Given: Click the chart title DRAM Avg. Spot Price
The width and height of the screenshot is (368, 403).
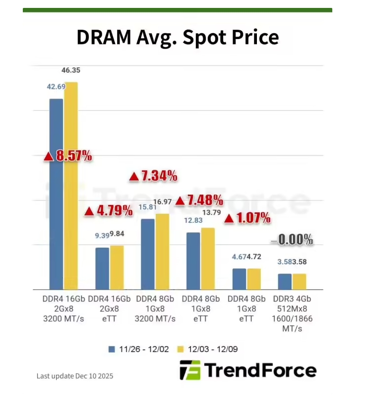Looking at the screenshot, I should (x=177, y=37).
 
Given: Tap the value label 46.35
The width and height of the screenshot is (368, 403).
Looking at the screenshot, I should (x=71, y=71).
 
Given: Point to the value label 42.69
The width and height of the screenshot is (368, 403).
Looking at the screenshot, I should (x=56, y=87).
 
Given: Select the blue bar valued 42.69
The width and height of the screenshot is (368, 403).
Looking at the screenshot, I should (x=56, y=193).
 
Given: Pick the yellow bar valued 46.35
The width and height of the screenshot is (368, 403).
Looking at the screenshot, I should (x=71, y=186).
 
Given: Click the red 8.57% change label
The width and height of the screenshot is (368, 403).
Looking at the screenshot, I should (x=68, y=156).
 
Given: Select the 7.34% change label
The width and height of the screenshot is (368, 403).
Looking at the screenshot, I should (x=153, y=175).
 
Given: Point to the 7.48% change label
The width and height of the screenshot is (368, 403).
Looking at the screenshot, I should (x=199, y=201).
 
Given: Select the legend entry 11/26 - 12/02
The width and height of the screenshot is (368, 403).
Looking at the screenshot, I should (x=139, y=349).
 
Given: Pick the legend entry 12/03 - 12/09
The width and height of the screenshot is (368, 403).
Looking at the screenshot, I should (x=208, y=349).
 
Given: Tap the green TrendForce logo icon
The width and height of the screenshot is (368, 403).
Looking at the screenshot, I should (x=190, y=370).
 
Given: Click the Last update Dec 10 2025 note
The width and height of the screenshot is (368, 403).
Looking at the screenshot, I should (x=75, y=376).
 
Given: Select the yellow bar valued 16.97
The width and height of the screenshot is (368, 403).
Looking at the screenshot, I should (x=162, y=252).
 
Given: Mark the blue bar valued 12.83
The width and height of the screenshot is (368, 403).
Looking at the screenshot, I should (x=193, y=261).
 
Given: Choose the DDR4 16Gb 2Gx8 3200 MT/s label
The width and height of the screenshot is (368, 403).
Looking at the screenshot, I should (x=63, y=309).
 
